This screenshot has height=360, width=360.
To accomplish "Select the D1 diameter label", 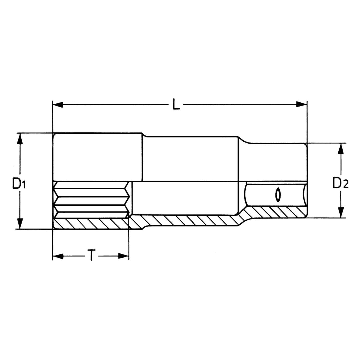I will [19, 183].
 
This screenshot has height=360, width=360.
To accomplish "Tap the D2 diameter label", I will [340, 183].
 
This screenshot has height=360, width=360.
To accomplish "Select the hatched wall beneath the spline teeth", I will [90, 224].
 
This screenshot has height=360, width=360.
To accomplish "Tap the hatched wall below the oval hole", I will [277, 212].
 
